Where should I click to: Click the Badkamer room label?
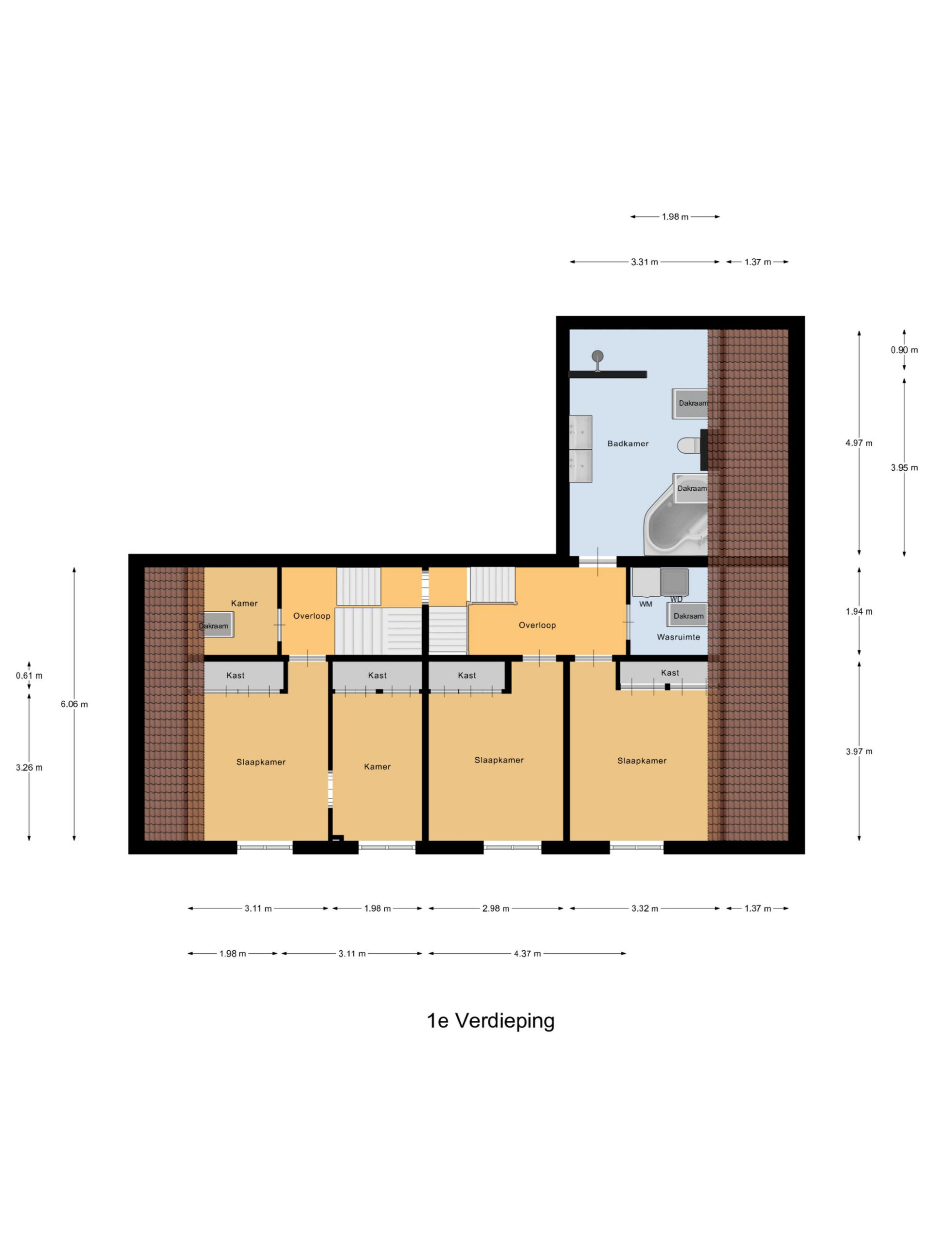pyautogui.click(x=627, y=444)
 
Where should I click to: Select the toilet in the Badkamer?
pyautogui.click(x=688, y=446)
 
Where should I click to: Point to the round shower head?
pyautogui.click(x=597, y=356)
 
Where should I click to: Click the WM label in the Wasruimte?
pyautogui.click(x=645, y=604)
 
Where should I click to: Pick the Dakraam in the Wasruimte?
pyautogui.click(x=687, y=615)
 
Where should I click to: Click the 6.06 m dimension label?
pyautogui.click(x=74, y=704)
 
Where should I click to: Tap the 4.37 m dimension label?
pyautogui.click(x=527, y=954)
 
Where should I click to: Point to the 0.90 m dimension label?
pyautogui.click(x=904, y=350)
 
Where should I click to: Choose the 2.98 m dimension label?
pyautogui.click(x=495, y=908)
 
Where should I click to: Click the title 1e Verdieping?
pyautogui.click(x=490, y=1020)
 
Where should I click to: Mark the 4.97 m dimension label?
pyautogui.click(x=859, y=443)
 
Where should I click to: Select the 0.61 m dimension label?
pyautogui.click(x=29, y=676)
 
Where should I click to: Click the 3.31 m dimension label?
pyautogui.click(x=644, y=262)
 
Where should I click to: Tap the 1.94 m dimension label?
pyautogui.click(x=859, y=611)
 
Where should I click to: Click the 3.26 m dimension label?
pyautogui.click(x=29, y=767)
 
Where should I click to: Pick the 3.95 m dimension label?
pyautogui.click(x=904, y=467)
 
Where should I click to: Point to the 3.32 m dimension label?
pyautogui.click(x=644, y=908)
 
